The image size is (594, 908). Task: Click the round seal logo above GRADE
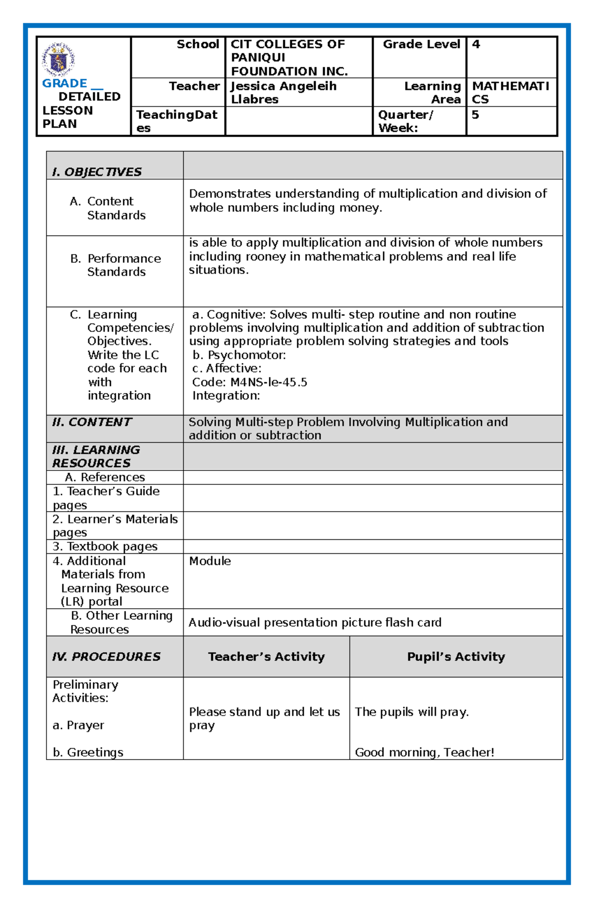coord(58,59)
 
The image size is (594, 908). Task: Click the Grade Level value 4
coord(476,45)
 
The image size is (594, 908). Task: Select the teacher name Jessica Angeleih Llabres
coord(283,93)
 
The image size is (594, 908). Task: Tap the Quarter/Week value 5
coord(475,115)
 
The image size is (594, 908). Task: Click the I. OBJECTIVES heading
coord(97,172)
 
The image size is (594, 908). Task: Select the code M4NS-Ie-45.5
coord(269,382)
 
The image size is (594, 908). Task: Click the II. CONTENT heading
coord(92,422)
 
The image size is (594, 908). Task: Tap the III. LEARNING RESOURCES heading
coord(96,456)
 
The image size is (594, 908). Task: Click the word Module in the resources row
coord(210,561)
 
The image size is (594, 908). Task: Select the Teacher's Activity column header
coord(266,657)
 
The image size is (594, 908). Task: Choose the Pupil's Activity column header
coord(456,657)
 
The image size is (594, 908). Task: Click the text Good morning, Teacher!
coord(425,753)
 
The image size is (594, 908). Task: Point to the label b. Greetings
coord(88,753)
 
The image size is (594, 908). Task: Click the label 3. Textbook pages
coord(105,547)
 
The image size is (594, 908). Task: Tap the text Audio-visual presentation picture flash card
coord(315,622)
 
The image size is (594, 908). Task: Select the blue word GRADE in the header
coord(64,83)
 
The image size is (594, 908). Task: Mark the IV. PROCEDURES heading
coord(106,657)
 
